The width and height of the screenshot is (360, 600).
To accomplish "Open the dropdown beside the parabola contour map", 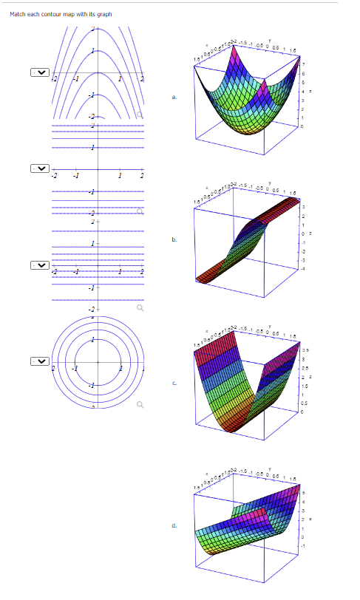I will (40, 72).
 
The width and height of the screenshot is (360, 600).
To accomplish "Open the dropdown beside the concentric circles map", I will (40, 361).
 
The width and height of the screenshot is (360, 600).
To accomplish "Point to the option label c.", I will (174, 382).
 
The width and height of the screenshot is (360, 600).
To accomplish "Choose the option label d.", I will (174, 525).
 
